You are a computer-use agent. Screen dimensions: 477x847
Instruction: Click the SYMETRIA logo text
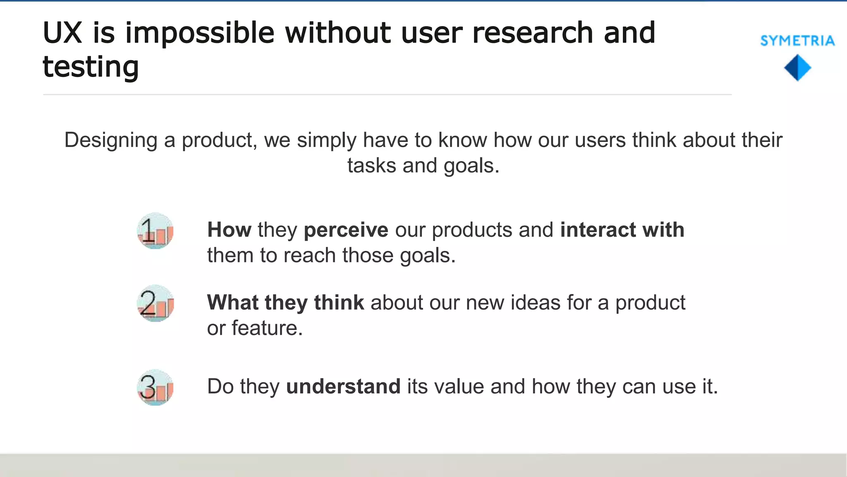click(x=797, y=41)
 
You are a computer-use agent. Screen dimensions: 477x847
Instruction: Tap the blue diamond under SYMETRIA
click(x=797, y=68)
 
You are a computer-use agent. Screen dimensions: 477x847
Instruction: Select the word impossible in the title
click(x=200, y=33)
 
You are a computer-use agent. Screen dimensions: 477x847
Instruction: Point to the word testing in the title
click(x=91, y=67)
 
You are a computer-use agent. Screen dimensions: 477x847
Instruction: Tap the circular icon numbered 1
click(x=155, y=231)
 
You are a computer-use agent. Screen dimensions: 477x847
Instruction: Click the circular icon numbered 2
click(x=155, y=303)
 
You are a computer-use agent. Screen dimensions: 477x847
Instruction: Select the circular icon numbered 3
click(x=155, y=388)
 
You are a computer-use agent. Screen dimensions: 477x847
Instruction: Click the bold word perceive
click(x=346, y=230)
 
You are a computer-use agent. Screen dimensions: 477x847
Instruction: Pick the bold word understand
click(x=343, y=386)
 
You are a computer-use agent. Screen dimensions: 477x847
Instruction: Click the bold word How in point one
click(x=229, y=230)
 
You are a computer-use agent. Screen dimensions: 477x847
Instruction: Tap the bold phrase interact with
click(x=622, y=230)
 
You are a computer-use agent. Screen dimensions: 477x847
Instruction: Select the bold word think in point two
click(x=339, y=303)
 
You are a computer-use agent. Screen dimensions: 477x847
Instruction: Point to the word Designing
click(x=111, y=140)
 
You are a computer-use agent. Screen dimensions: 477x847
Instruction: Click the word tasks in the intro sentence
click(x=371, y=166)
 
